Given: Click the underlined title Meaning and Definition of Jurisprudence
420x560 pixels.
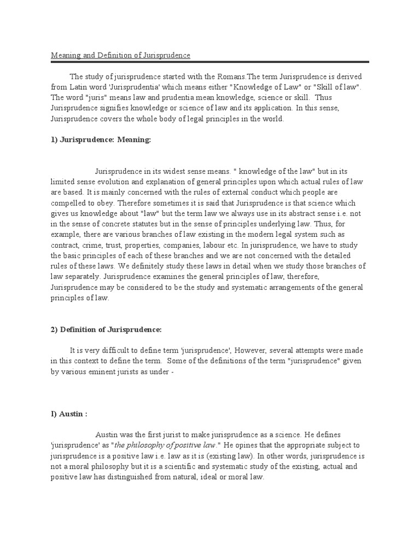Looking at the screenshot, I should point(121,56).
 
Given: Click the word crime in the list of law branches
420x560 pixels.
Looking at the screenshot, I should point(98,244).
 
